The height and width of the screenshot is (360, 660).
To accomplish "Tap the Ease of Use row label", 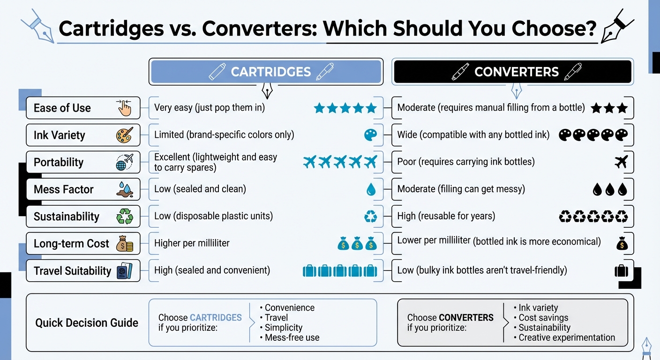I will coord(62,108).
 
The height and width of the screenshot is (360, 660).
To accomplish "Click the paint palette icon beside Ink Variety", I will coord(125,135).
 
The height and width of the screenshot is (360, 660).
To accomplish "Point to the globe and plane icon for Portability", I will coord(125,162).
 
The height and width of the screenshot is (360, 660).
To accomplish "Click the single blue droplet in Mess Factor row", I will coord(371,189).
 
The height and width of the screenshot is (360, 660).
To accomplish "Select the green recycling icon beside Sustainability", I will coord(125,217).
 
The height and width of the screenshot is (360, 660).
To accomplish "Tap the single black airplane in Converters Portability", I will coord(621,162).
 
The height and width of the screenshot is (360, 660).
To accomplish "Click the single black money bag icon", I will coord(622,243).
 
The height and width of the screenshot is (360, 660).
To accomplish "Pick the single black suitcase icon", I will coord(621,270).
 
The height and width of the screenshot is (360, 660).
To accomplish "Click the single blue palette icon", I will coord(370,135).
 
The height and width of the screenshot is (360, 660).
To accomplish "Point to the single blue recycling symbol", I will coord(371,217).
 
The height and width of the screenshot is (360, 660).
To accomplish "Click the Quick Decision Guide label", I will coord(87,322).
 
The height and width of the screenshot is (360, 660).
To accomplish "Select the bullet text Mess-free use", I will coord(292,337).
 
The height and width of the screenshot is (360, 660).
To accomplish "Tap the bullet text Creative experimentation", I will coord(566,337).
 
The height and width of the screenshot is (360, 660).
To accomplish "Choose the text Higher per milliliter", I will coord(192,243).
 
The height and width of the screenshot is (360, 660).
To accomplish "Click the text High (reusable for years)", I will coord(446,216).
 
